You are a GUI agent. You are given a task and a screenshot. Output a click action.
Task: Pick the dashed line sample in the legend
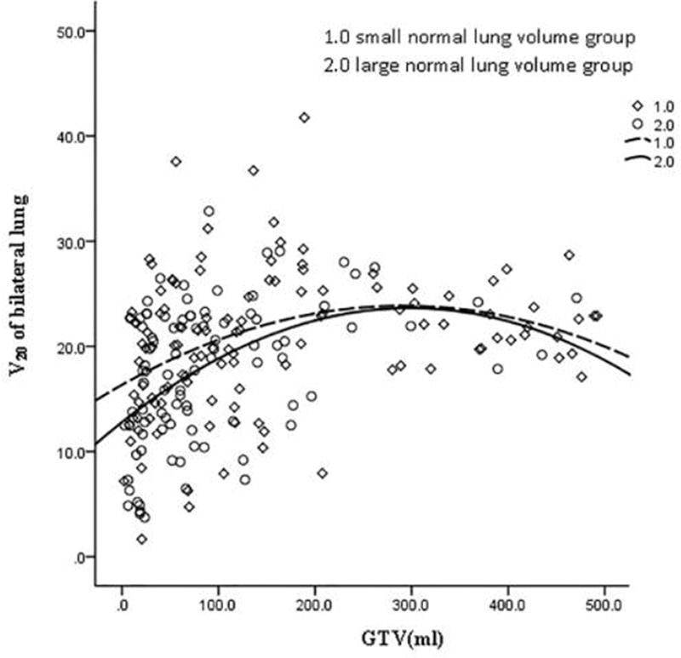(632, 141)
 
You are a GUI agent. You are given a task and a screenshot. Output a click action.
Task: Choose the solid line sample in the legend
(632, 159)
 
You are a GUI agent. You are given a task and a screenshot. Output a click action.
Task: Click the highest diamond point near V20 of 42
(304, 117)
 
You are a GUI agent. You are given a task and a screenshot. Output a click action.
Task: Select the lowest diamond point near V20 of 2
(141, 539)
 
